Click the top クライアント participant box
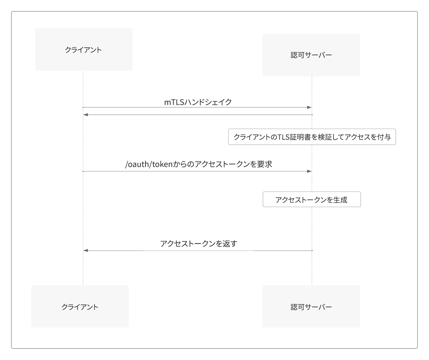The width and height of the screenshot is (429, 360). [x=84, y=49]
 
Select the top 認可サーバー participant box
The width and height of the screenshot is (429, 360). [x=311, y=55]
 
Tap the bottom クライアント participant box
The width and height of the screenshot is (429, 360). [x=80, y=307]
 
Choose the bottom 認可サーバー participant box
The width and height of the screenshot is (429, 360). [x=311, y=307]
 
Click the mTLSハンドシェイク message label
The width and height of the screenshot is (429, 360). [x=198, y=102]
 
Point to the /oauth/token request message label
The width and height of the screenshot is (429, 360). [x=199, y=164]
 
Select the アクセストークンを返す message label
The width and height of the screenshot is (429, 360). [x=199, y=244]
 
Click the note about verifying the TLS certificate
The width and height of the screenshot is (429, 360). [x=312, y=137]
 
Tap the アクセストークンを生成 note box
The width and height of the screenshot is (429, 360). [x=312, y=199]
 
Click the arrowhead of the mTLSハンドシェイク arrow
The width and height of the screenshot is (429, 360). [x=309, y=107]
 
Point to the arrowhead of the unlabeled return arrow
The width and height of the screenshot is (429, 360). [x=86, y=115]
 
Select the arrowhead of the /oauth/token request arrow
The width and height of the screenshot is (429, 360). [x=309, y=171]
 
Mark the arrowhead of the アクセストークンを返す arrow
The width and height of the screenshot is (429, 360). [x=86, y=251]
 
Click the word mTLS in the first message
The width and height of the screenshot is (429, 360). [x=174, y=102]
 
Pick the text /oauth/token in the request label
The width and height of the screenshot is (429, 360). [x=148, y=164]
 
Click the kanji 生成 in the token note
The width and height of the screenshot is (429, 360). [x=340, y=200]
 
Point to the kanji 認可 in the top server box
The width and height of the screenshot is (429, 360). [x=297, y=55]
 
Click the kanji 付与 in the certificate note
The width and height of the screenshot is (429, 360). [x=384, y=137]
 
